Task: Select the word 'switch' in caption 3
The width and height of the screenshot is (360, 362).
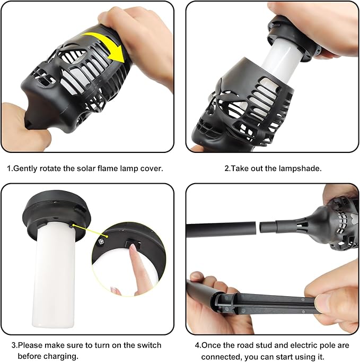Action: (x=149, y=345)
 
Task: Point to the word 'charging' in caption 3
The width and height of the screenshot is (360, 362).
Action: (x=61, y=356)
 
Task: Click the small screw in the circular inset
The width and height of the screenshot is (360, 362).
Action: (x=101, y=242)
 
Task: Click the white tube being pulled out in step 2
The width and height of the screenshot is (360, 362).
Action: (x=282, y=61)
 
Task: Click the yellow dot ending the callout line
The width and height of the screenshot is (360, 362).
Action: (x=107, y=236)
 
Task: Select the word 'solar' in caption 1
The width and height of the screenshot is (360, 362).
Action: (x=86, y=168)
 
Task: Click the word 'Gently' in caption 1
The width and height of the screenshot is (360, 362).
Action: (x=25, y=169)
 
